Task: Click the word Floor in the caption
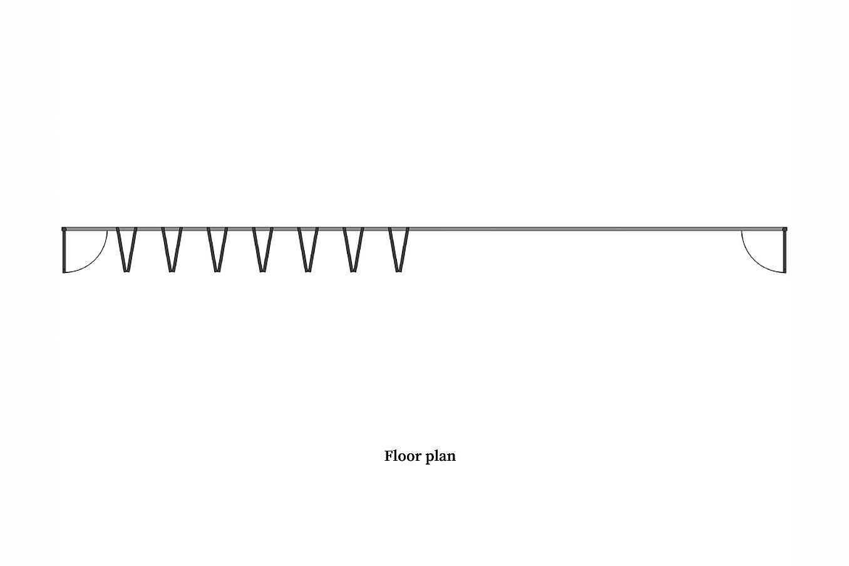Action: point(403,456)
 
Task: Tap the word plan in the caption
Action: point(441,457)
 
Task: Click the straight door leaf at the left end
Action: point(64,252)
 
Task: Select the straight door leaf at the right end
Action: point(785,252)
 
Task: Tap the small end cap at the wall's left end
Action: point(64,229)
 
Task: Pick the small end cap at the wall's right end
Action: point(785,229)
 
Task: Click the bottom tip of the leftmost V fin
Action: point(126,272)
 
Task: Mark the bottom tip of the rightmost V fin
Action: point(398,272)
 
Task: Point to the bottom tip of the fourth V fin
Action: point(262,272)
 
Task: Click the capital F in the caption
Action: point(388,456)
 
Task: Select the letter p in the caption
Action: point(430,458)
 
